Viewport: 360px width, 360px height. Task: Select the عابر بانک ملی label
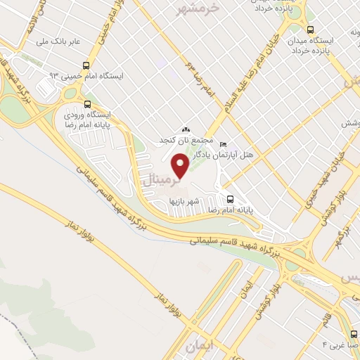62,41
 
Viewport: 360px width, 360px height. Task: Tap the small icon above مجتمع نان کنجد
186,129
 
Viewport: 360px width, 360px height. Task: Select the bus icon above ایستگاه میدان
311,30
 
